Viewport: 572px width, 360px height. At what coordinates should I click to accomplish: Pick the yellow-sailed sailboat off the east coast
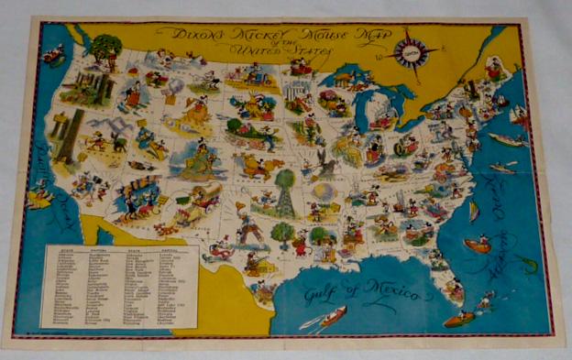pos(474,212)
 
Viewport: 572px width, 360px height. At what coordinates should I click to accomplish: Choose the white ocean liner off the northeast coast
pos(507,140)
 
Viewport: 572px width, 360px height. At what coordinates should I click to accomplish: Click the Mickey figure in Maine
pos(493,68)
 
